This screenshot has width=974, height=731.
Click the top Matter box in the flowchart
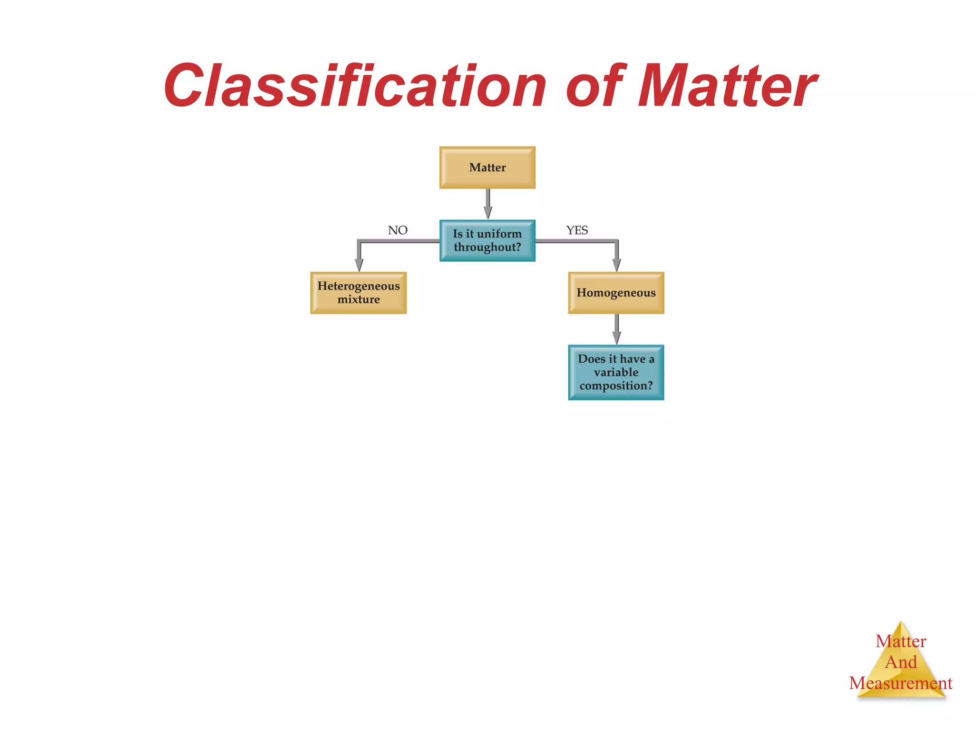pyautogui.click(x=487, y=168)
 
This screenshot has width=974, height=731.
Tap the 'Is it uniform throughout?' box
pyautogui.click(x=487, y=240)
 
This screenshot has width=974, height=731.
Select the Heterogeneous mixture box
pyautogui.click(x=359, y=293)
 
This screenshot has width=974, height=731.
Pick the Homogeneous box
pyautogui.click(x=616, y=293)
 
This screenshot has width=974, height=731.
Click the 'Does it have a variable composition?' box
pyautogui.click(x=616, y=372)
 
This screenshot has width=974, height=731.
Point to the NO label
pyautogui.click(x=398, y=230)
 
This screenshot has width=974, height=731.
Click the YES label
pyautogui.click(x=577, y=230)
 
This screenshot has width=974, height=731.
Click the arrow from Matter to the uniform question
pyautogui.click(x=488, y=204)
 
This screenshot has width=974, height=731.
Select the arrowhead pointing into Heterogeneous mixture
pyautogui.click(x=359, y=265)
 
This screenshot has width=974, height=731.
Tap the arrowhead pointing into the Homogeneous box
pyautogui.click(x=617, y=265)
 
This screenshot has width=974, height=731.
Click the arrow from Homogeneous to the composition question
pyautogui.click(x=616, y=329)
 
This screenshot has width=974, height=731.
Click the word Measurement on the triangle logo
pyautogui.click(x=900, y=683)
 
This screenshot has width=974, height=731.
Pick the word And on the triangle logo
pyautogui.click(x=901, y=662)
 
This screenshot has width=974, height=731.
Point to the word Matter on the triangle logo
pyautogui.click(x=901, y=642)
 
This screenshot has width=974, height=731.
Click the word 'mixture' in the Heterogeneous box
pyautogui.click(x=359, y=300)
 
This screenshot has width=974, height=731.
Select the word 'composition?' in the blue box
pyautogui.click(x=616, y=385)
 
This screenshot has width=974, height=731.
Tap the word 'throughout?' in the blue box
pyautogui.click(x=487, y=247)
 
